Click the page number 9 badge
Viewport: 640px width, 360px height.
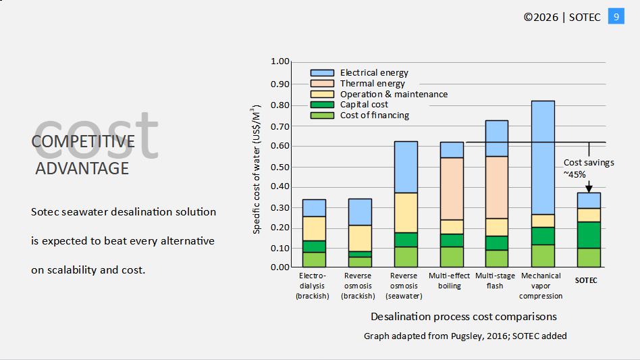click(x=616, y=16)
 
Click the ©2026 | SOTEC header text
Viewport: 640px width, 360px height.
click(x=562, y=17)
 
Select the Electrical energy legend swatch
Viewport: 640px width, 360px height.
click(x=322, y=72)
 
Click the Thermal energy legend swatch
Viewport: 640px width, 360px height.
click(x=322, y=83)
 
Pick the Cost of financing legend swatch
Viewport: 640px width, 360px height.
click(x=322, y=115)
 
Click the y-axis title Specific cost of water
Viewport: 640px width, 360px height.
click(x=257, y=170)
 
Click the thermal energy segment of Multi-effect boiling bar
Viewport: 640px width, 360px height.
click(x=452, y=188)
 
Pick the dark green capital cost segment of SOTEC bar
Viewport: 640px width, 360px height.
click(x=589, y=234)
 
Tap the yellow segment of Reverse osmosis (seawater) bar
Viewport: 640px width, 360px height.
click(x=406, y=212)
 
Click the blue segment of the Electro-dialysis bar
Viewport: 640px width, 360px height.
click(x=314, y=207)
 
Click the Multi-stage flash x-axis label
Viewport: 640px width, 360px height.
click(x=496, y=280)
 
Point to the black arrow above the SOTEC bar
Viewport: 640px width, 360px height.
click(x=589, y=186)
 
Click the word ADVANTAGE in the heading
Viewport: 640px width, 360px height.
click(x=82, y=168)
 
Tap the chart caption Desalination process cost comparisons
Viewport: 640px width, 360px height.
click(x=463, y=316)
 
